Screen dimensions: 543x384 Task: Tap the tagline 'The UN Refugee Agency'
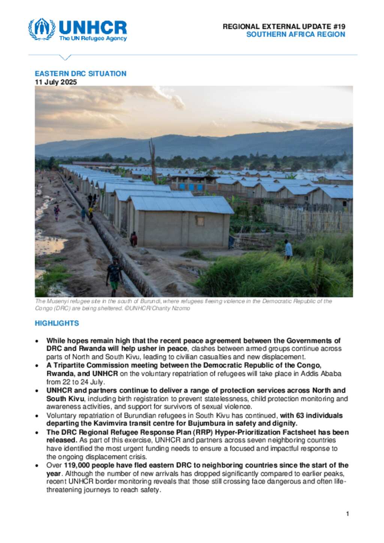tap(93, 38)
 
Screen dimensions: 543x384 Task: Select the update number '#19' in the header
tap(339, 27)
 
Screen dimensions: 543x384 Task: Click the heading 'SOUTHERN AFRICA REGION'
tap(295, 34)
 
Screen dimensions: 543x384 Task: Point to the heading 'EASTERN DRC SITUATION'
tap(81, 73)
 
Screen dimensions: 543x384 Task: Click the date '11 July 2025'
tap(56, 82)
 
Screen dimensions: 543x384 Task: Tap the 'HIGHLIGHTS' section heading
tap(57, 323)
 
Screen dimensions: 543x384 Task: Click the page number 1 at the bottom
tap(347, 513)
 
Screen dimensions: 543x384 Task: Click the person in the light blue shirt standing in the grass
tap(288, 249)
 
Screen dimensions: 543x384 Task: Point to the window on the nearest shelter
tap(200, 221)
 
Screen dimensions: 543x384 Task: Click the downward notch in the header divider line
tap(65, 57)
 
